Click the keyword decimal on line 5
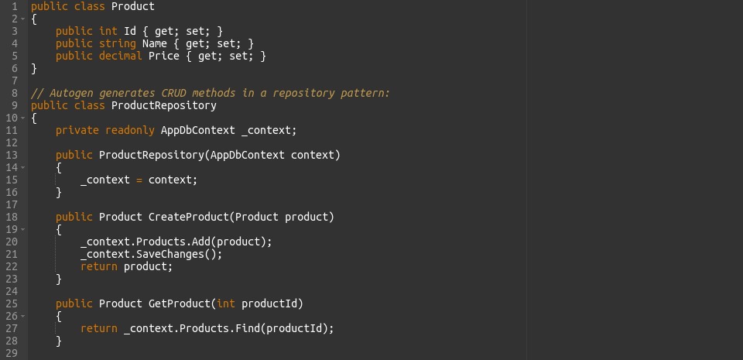click(x=121, y=56)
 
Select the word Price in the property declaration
click(x=164, y=56)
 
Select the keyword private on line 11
click(x=77, y=130)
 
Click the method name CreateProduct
click(x=189, y=217)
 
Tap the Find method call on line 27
click(x=248, y=328)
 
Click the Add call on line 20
click(x=201, y=242)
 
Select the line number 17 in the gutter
click(x=12, y=204)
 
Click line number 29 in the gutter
click(x=12, y=353)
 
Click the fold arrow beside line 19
click(x=23, y=230)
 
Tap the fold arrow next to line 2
click(x=23, y=19)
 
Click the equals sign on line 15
click(x=139, y=180)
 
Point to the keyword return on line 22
click(x=99, y=266)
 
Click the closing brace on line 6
click(x=34, y=69)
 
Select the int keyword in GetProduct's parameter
click(x=226, y=303)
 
